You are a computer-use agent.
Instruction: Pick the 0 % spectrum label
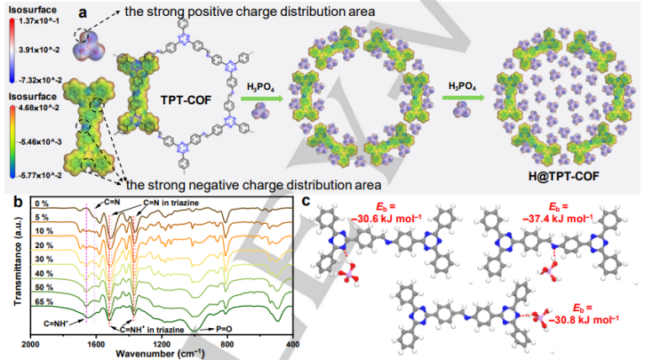click(x=43, y=204)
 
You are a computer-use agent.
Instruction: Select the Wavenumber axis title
click(x=161, y=353)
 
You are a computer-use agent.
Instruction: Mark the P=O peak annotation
click(x=204, y=331)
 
